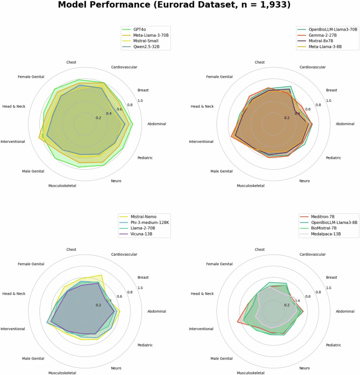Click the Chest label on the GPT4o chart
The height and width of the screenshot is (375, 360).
(x=71, y=62)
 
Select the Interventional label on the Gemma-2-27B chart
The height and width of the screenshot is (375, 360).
(x=201, y=141)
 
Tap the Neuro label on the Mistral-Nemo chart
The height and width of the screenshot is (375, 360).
(x=116, y=368)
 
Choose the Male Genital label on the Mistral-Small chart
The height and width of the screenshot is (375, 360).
(x=33, y=171)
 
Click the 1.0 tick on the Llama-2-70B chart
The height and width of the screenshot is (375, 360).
(x=140, y=288)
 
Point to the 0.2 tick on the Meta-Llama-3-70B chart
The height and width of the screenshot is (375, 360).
(x=99, y=118)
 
